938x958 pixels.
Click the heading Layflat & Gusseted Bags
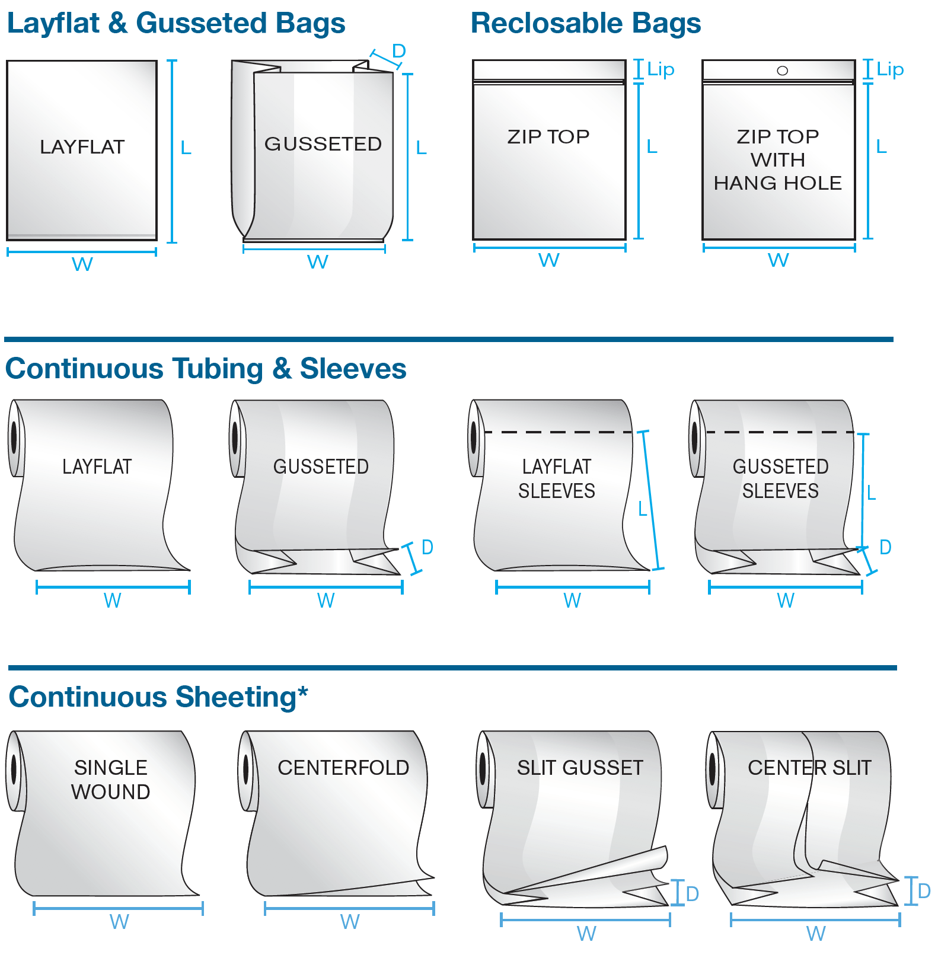(x=176, y=24)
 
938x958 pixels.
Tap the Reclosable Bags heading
(x=586, y=24)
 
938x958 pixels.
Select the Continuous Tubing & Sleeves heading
(x=206, y=369)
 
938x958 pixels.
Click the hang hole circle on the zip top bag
(x=782, y=71)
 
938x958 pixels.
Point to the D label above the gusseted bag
(x=399, y=51)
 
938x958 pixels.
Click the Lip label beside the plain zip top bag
(x=661, y=70)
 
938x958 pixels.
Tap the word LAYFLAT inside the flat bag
(x=82, y=147)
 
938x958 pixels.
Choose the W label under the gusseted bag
(x=318, y=262)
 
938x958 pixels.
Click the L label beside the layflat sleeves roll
(x=642, y=509)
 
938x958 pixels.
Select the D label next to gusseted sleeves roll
(x=885, y=547)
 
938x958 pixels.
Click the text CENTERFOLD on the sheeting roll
(x=343, y=768)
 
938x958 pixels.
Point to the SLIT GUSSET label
(x=580, y=768)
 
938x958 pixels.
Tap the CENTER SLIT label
(x=809, y=768)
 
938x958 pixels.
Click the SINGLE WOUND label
(x=111, y=780)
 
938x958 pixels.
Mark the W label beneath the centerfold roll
(x=350, y=922)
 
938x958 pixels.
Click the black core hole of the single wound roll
(x=15, y=770)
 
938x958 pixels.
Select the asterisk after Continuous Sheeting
(x=302, y=691)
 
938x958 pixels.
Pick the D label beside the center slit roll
(x=924, y=890)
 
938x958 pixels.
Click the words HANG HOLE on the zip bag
(x=778, y=183)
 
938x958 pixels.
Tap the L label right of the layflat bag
(x=186, y=148)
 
